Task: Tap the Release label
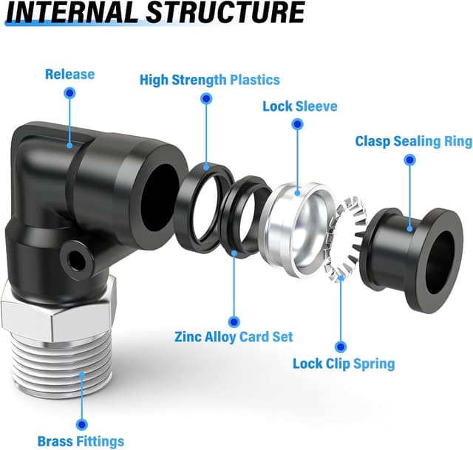coord(69,74)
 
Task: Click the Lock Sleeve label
coord(299,106)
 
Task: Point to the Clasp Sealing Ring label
coord(413,141)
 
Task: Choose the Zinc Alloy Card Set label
coord(234,337)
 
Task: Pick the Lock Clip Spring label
coord(343,364)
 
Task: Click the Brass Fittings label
coord(81,442)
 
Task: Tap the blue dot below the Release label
coord(70,93)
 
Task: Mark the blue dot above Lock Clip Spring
coord(341,345)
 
